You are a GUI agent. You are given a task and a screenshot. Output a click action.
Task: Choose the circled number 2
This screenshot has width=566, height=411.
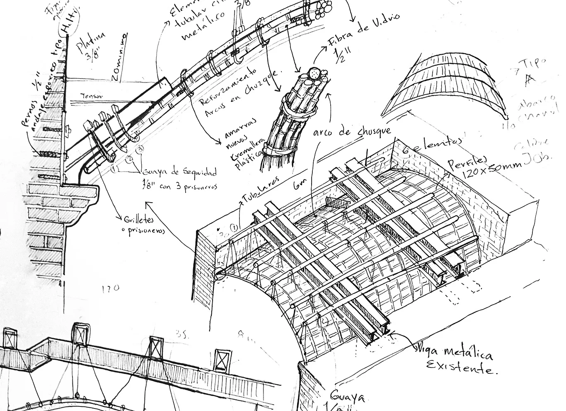129,158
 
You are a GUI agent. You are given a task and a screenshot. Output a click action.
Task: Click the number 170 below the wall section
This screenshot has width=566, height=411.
110,287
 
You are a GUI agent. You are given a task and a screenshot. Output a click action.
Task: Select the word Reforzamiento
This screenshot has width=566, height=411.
216,87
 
